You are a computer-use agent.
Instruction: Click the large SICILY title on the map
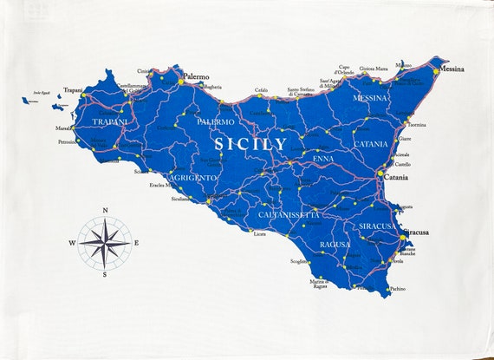pos(250,143)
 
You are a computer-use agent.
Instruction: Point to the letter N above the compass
pos(105,211)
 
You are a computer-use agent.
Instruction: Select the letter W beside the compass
pos(73,242)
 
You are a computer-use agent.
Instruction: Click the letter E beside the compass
pos(136,242)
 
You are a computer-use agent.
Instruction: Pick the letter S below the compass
pos(105,273)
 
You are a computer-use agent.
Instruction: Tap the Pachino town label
pos(397,289)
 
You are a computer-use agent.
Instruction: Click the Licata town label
pos(259,234)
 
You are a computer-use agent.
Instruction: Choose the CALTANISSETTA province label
pos(289,213)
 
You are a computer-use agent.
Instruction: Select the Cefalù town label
pos(261,90)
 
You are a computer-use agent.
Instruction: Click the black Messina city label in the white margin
pos(452,69)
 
